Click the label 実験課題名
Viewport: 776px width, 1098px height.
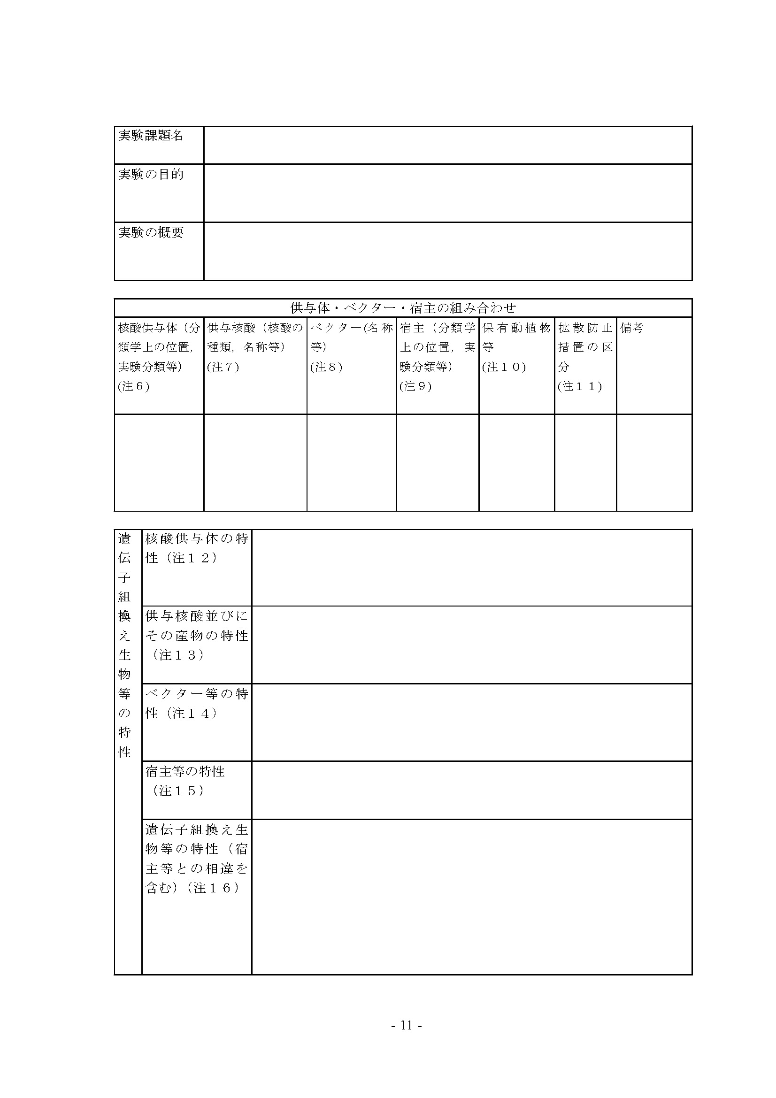pyautogui.click(x=151, y=136)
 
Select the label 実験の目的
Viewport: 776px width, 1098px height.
pyautogui.click(x=151, y=175)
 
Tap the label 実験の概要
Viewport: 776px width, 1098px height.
pyautogui.click(x=151, y=233)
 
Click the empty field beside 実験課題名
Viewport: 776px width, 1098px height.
pyautogui.click(x=447, y=145)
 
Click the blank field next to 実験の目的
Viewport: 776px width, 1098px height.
pyautogui.click(x=447, y=193)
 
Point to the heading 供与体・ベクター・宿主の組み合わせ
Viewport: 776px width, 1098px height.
pyautogui.click(x=403, y=308)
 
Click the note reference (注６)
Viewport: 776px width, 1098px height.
pyautogui.click(x=134, y=386)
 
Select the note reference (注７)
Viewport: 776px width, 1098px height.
pyautogui.click(x=223, y=367)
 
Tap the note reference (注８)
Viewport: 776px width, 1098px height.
pyautogui.click(x=327, y=367)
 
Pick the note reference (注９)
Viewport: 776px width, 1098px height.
pyautogui.click(x=416, y=386)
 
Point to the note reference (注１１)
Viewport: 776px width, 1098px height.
pyautogui.click(x=580, y=386)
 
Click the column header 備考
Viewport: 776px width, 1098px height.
pyautogui.click(x=632, y=328)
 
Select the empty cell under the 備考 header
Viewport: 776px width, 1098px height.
pyautogui.click(x=654, y=462)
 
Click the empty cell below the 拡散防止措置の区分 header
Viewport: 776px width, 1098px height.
pyautogui.click(x=585, y=462)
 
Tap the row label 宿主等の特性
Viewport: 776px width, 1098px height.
pyautogui.click(x=185, y=771)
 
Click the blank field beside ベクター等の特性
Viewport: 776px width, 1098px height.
pyautogui.click(x=471, y=722)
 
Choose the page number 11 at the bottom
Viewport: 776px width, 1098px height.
pyautogui.click(x=407, y=1025)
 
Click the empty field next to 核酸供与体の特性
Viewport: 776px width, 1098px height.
pyautogui.click(x=471, y=568)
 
